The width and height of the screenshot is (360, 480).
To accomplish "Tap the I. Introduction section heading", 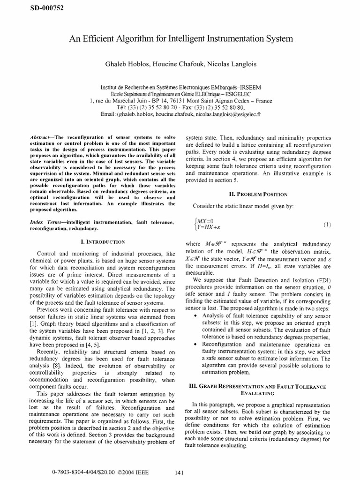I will pyautogui.click(x=103, y=242).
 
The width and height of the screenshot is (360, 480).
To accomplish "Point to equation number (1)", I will pyautogui.click(x=327, y=225).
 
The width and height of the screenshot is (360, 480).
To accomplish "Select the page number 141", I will pyautogui.click(x=178, y=472).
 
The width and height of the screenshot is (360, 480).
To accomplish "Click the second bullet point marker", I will pyautogui.click(x=195, y=345).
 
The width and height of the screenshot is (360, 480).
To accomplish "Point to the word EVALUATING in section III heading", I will pyautogui.click(x=259, y=394).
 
